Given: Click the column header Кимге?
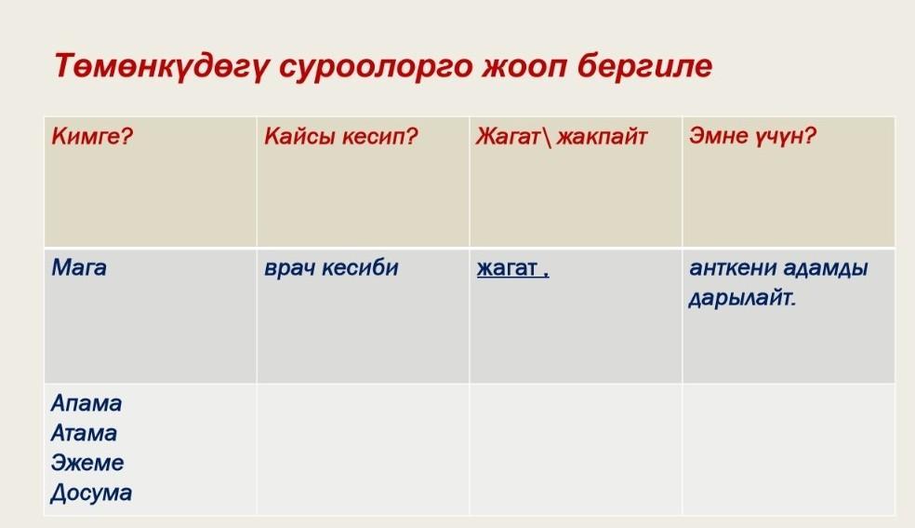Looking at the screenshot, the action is [x=92, y=137].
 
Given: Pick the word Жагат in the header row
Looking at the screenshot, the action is [x=507, y=136].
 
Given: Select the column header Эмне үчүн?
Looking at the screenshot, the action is [x=752, y=136].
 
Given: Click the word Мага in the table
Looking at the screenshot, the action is [x=79, y=267].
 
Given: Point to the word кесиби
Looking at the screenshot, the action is [x=360, y=267].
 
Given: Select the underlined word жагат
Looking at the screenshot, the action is [x=507, y=268].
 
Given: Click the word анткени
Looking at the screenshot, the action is [x=733, y=267].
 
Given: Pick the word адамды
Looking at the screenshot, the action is [x=825, y=268].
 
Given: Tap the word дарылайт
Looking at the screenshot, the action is [x=742, y=299].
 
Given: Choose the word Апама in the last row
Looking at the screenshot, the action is [x=86, y=403].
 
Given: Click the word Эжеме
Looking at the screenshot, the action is [x=87, y=463].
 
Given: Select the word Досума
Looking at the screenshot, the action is [x=91, y=493].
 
